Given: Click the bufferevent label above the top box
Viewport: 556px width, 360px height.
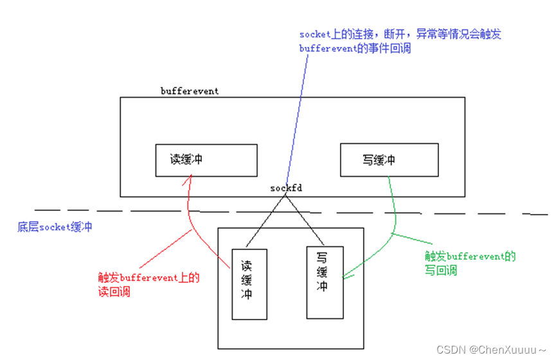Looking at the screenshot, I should [189, 91].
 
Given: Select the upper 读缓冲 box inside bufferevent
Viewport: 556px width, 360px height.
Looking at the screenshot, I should [206, 159].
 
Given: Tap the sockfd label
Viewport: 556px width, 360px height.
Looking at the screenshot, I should [286, 188].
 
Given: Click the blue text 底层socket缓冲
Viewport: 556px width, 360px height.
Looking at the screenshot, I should [55, 227].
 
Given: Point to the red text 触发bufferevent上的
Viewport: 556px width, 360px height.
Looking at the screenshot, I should [149, 278].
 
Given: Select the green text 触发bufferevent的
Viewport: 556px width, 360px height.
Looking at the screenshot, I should [471, 256].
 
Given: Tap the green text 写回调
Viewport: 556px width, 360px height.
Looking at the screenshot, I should [441, 270].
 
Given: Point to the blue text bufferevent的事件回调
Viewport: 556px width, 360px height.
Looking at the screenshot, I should [355, 48].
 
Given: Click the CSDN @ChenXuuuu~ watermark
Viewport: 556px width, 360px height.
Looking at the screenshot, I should [494, 349].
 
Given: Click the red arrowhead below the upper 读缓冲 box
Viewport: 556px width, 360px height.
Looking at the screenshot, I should [187, 182].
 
